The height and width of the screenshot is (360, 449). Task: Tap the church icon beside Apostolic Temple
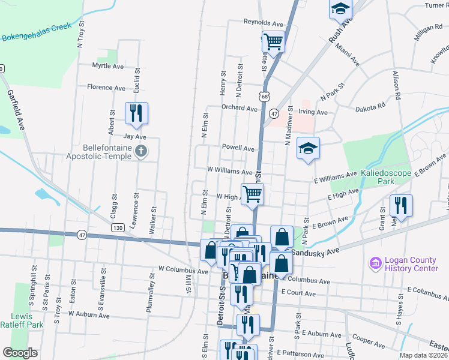coord(140,151)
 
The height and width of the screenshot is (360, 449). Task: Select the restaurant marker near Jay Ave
coord(137,113)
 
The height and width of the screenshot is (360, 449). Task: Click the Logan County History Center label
coord(411,264)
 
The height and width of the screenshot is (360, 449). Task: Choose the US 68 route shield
coord(265,96)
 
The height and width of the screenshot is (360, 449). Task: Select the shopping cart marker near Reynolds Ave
coord(273,42)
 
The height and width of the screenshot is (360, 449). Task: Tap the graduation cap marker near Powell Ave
coord(308,149)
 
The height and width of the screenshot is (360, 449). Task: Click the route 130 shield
coord(118,227)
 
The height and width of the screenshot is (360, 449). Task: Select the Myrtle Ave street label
coord(107,65)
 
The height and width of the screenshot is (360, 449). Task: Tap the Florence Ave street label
coord(106,88)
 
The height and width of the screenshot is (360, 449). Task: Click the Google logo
coord(20,353)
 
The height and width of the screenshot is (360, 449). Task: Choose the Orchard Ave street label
coord(239,109)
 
